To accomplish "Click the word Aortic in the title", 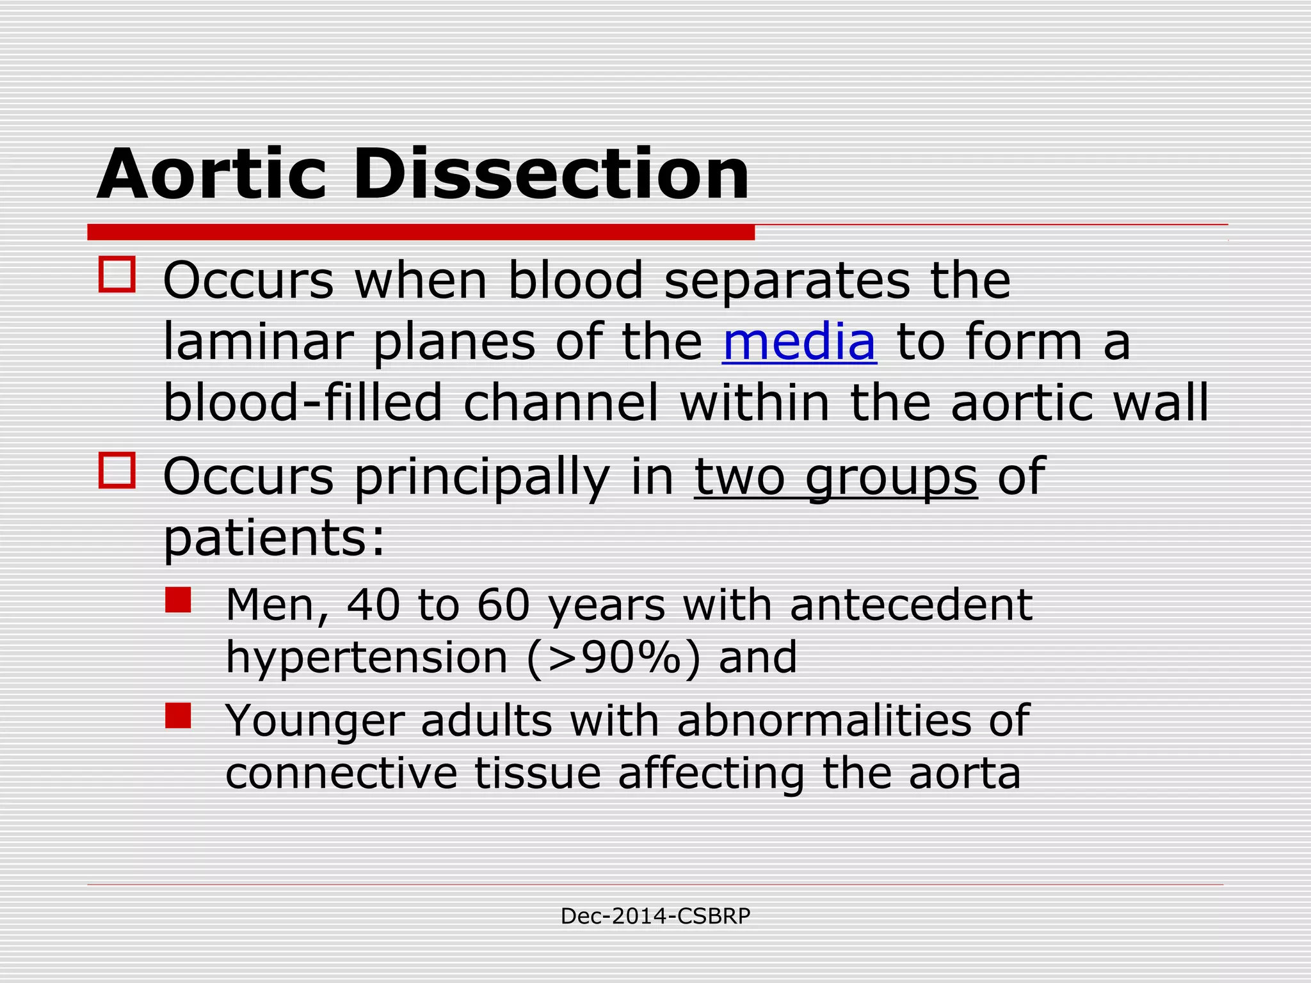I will [211, 174].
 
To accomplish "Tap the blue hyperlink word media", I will [799, 342].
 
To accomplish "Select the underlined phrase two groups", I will [835, 476].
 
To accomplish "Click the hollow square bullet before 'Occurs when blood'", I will [117, 275].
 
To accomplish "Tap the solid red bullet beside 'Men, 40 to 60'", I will [178, 600].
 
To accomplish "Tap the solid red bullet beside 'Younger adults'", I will [178, 715].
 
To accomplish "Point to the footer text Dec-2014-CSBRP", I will [655, 916].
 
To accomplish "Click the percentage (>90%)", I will [614, 658].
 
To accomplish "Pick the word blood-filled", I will [302, 403].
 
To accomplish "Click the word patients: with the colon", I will [274, 538].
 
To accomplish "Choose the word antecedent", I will [911, 605].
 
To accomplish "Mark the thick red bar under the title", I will [421, 232].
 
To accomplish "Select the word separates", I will [787, 282].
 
